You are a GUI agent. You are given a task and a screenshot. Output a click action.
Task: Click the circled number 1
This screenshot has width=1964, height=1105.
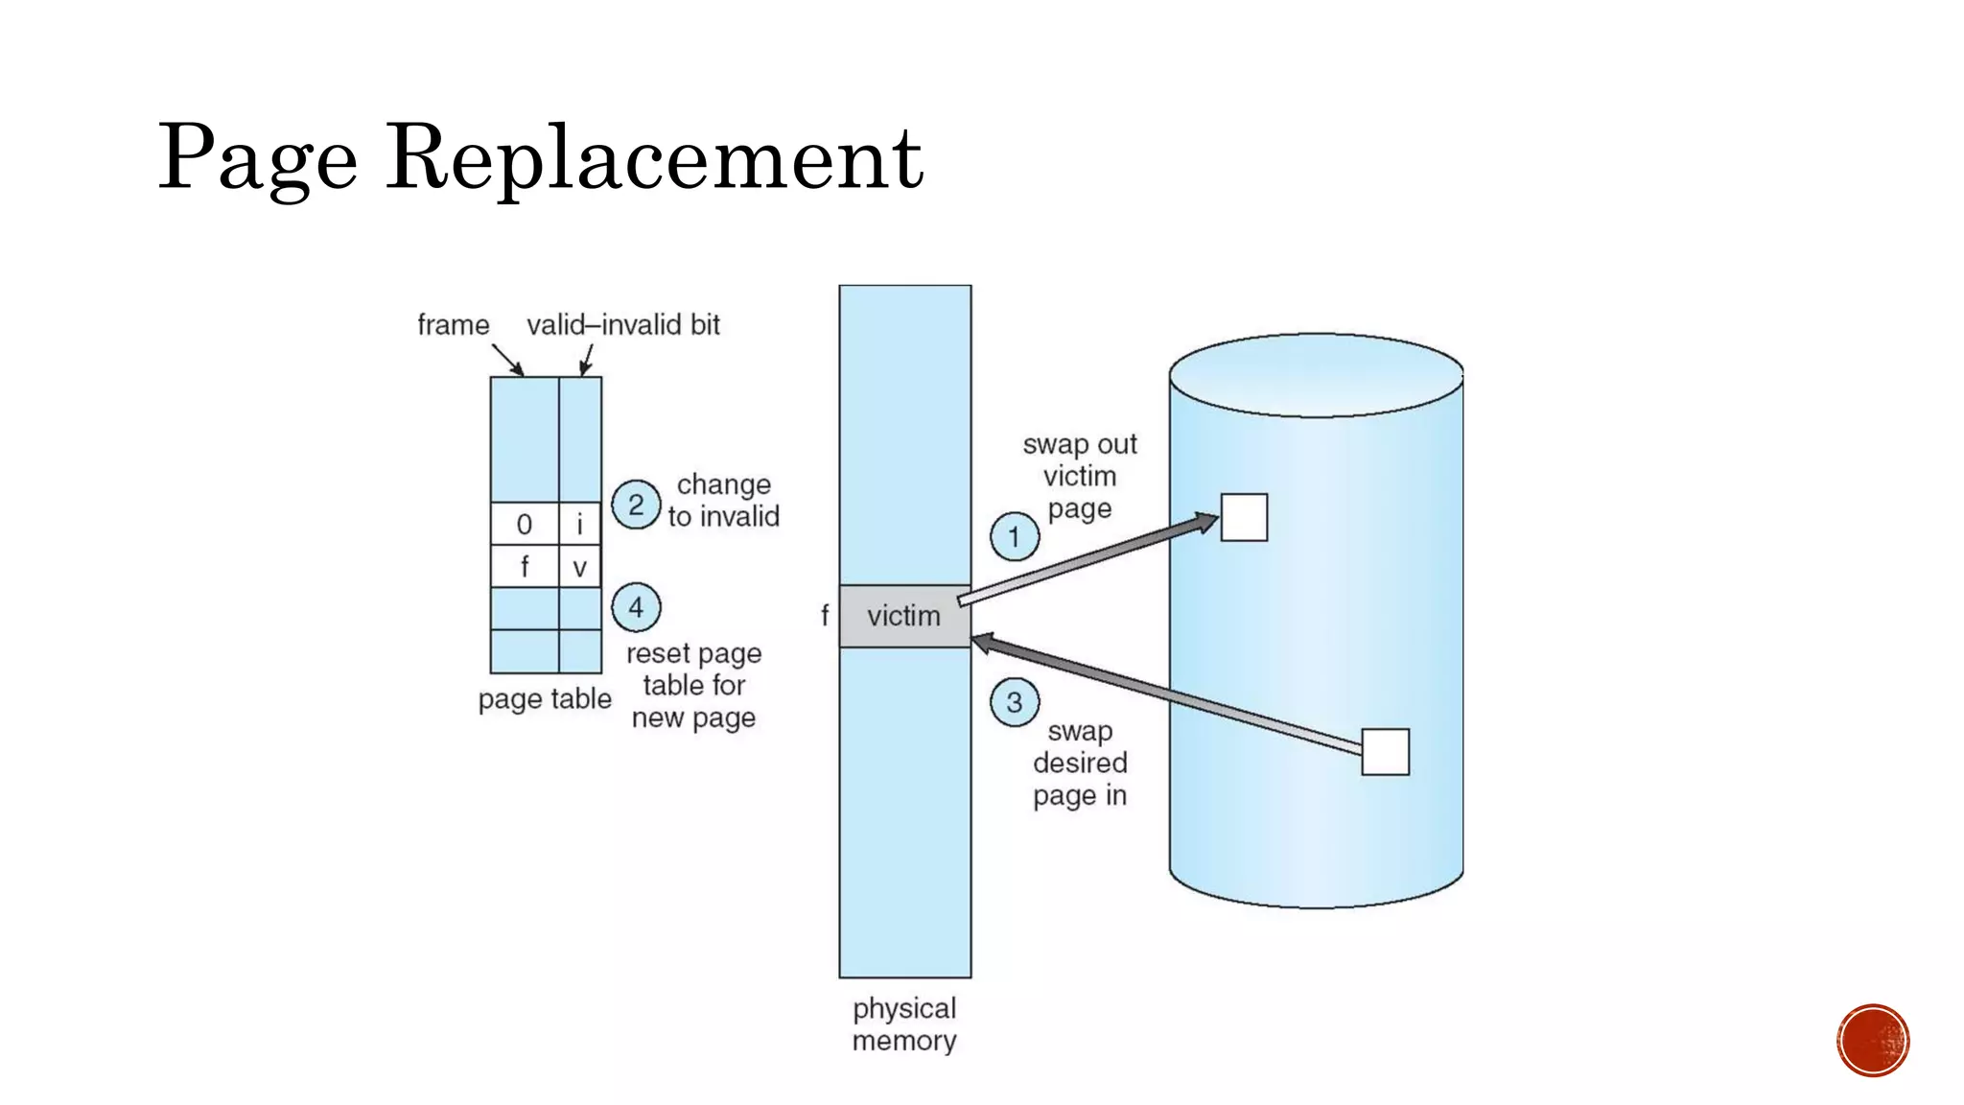pos(1014,537)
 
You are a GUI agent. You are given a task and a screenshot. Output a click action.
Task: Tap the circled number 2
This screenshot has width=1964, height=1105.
pos(636,505)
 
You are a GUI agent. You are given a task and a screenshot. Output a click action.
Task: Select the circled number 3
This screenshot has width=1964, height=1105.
pos(1014,703)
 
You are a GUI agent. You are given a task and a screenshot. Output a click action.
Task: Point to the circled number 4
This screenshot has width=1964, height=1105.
pos(636,607)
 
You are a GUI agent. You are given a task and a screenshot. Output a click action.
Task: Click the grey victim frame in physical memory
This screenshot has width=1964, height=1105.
pos(904,616)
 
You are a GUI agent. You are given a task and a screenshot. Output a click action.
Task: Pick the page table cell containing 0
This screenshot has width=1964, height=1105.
pos(524,525)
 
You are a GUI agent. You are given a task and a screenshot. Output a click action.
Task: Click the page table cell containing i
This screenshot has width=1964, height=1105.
pos(579,525)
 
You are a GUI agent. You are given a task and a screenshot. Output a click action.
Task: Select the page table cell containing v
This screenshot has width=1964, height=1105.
pos(579,567)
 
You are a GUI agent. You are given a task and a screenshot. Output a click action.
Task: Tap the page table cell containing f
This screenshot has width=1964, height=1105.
pos(524,567)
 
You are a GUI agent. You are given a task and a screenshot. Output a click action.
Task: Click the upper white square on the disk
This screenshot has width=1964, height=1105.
pos(1244,518)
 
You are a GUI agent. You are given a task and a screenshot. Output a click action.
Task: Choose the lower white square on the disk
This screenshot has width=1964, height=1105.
pos(1385,752)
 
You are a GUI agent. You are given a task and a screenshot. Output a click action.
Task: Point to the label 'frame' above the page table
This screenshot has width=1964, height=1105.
pos(453,325)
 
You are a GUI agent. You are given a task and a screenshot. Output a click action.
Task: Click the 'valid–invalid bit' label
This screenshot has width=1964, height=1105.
pos(623,325)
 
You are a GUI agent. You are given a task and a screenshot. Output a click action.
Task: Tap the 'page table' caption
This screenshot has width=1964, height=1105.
pos(545,699)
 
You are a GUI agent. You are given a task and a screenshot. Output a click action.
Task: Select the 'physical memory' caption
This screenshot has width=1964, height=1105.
pos(904,1024)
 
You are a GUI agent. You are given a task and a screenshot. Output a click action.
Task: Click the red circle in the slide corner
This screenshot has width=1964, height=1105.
pos(1873,1041)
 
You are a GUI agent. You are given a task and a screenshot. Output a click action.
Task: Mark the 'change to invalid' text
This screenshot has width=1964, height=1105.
pos(724,501)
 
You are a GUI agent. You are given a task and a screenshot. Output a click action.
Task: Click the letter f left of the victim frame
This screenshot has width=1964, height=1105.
pos(825,616)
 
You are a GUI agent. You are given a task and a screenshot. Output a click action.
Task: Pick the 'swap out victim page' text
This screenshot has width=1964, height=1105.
pos(1080,477)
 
